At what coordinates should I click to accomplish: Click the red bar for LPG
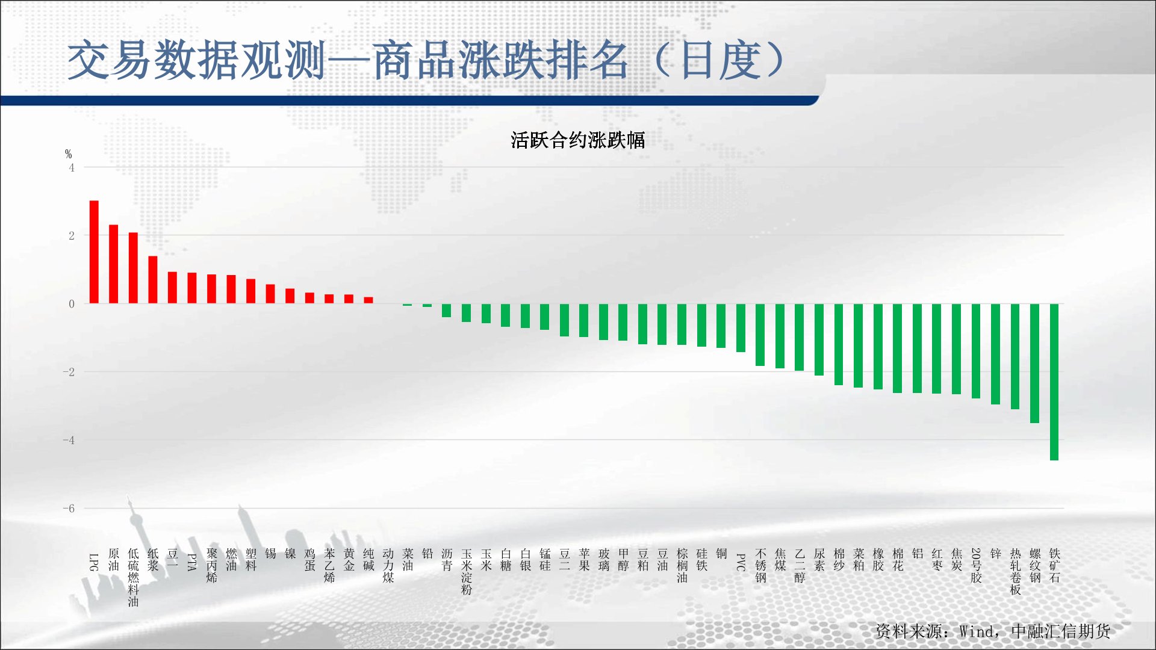(94, 252)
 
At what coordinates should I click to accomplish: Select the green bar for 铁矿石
(1054, 382)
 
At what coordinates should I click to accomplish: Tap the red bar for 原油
(113, 264)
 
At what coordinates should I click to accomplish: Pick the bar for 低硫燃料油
(133, 268)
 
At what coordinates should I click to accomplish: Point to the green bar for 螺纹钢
(1034, 364)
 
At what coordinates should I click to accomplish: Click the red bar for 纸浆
(153, 280)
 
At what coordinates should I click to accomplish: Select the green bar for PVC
(741, 328)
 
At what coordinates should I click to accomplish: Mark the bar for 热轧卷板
(1015, 357)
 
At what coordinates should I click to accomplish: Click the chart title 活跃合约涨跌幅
(578, 140)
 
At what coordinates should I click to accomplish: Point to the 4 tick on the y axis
(72, 168)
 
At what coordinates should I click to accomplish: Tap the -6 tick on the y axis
(69, 509)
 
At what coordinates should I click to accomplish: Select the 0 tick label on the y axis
(72, 304)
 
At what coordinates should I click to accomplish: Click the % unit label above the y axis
(69, 154)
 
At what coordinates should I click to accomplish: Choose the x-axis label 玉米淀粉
(467, 572)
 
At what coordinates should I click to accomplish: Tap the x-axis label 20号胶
(976, 566)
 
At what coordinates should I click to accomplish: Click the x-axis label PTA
(192, 562)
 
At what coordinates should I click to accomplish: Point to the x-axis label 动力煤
(388, 566)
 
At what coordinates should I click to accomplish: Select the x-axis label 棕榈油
(682, 566)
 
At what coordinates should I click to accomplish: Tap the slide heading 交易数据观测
(196, 61)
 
